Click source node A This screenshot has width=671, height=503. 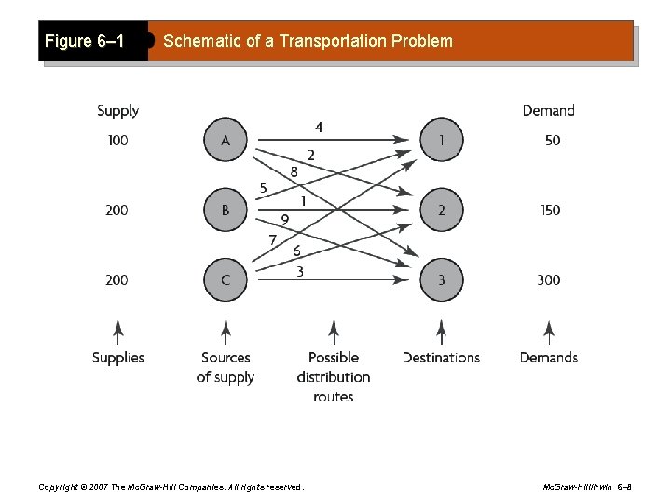coord(226,141)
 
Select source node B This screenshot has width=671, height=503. coord(226,211)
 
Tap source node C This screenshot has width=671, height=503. coord(226,279)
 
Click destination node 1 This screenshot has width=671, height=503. coord(441,141)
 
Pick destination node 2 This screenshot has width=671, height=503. coord(441,211)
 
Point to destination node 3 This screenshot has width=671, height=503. coord(441,279)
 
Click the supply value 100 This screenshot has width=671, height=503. coord(117,141)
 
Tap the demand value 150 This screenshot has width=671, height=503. coord(549,211)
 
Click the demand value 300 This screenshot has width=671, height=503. coord(549,279)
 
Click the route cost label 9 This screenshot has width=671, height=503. coord(284,220)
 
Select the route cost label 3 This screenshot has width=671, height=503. coord(299,271)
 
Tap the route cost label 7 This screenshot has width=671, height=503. coord(272,240)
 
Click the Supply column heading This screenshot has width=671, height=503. coord(117,111)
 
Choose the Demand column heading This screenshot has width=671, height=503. coord(549,111)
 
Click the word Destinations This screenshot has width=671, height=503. coord(441,358)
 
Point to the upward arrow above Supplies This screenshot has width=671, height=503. coord(117,333)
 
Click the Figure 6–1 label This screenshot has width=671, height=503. coord(85,42)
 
